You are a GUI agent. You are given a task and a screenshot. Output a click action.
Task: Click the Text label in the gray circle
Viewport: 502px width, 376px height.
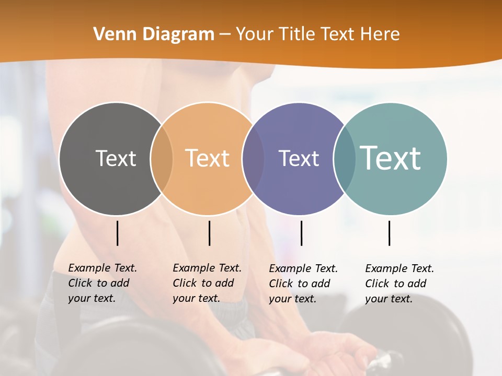[x=116, y=158]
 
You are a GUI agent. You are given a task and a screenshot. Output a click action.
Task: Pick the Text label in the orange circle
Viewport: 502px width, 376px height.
[x=208, y=158]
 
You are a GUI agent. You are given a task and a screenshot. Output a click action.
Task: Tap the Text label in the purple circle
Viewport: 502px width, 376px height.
[x=299, y=158]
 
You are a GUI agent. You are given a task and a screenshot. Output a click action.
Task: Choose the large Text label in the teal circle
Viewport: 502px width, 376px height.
[x=391, y=158]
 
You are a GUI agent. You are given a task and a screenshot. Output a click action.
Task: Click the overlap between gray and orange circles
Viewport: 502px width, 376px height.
[x=162, y=158]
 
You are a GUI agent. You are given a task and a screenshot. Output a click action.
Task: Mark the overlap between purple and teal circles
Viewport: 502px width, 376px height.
[x=344, y=158]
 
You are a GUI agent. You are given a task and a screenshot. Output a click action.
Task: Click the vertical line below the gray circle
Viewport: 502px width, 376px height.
[x=118, y=233]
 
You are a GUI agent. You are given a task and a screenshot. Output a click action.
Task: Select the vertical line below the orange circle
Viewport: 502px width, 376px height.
[x=209, y=233]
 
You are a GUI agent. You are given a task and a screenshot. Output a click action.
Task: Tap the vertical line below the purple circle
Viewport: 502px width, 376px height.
[x=301, y=233]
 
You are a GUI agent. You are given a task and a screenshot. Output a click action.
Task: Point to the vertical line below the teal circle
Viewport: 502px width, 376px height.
[x=389, y=233]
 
